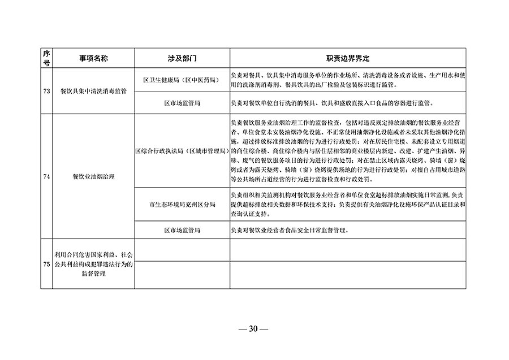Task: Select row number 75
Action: coord(46,264)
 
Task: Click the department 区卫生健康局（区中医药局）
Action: coord(182,81)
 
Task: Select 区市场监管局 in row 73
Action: coord(182,104)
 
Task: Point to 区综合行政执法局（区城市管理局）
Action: coord(182,151)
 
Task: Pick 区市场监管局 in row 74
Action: coord(182,230)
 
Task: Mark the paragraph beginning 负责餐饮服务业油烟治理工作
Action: coord(347,151)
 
